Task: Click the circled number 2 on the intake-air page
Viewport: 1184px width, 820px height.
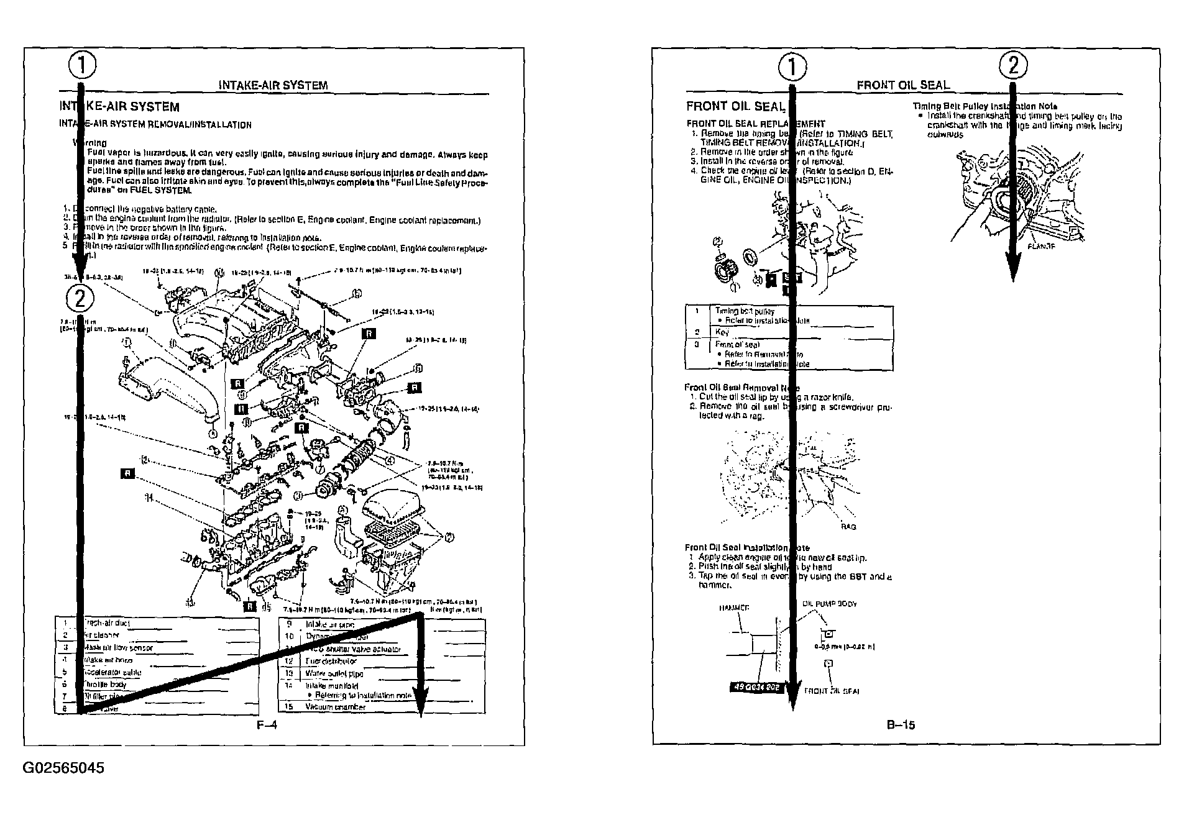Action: tap(80, 299)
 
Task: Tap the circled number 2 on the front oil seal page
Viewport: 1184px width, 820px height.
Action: tap(1013, 65)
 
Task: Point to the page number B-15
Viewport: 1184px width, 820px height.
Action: tap(901, 724)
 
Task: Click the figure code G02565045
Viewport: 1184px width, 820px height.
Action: tap(63, 768)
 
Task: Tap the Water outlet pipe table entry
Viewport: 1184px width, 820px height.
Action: tap(334, 673)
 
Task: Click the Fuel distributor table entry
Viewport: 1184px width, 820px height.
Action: tap(331, 661)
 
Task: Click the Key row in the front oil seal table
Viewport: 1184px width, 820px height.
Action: tap(722, 332)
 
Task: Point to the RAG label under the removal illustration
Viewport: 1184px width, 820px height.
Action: tap(848, 527)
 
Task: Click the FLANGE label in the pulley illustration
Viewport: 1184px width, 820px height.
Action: tap(1042, 246)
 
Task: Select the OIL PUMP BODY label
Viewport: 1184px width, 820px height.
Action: tap(830, 603)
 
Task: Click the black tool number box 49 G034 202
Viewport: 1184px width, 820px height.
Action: tap(755, 688)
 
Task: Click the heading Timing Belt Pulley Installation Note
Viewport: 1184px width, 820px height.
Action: tap(984, 106)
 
